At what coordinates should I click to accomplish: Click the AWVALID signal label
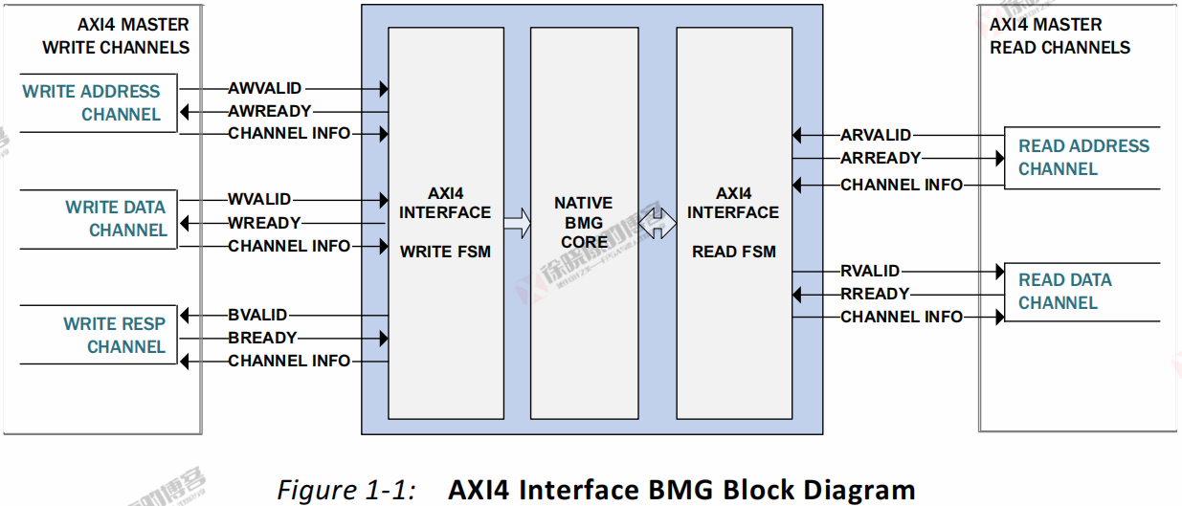point(265,89)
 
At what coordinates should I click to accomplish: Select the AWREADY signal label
point(269,112)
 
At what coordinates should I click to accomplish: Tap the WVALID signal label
point(259,200)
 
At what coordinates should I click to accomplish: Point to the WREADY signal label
point(264,223)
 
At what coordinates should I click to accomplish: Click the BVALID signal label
point(257,315)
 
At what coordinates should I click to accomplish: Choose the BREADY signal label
point(262,338)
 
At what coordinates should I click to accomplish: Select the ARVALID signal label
point(876,136)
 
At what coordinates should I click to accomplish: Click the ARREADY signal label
point(881,158)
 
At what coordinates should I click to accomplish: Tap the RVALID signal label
point(870,272)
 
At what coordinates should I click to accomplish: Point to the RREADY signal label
point(875,294)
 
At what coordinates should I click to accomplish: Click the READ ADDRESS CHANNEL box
point(1082,158)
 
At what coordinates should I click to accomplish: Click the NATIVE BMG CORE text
point(584,223)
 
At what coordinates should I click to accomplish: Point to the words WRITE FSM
point(446,253)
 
